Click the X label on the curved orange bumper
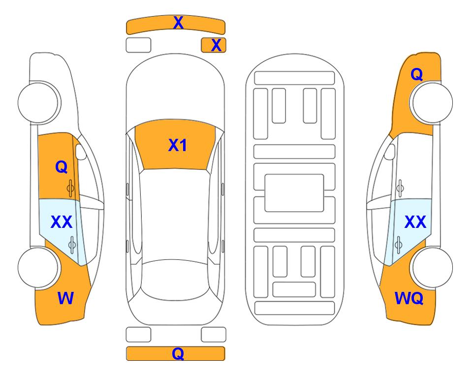pos(178,23)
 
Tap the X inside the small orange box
pos(216,45)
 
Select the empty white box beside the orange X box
pos(138,45)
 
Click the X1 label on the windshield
pos(178,145)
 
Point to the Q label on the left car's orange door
pos(62,167)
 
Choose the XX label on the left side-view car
pos(62,222)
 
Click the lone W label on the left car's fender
pos(65,298)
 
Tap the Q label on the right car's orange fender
pos(416,74)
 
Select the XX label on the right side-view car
pos(415,222)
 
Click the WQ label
pos(409,298)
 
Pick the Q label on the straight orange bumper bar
pos(178,353)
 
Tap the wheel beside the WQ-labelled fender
pos(432,267)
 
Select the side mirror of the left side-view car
pos(80,152)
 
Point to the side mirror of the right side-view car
pos(390,152)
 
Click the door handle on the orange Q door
pos(70,188)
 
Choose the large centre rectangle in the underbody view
pos(294,193)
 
